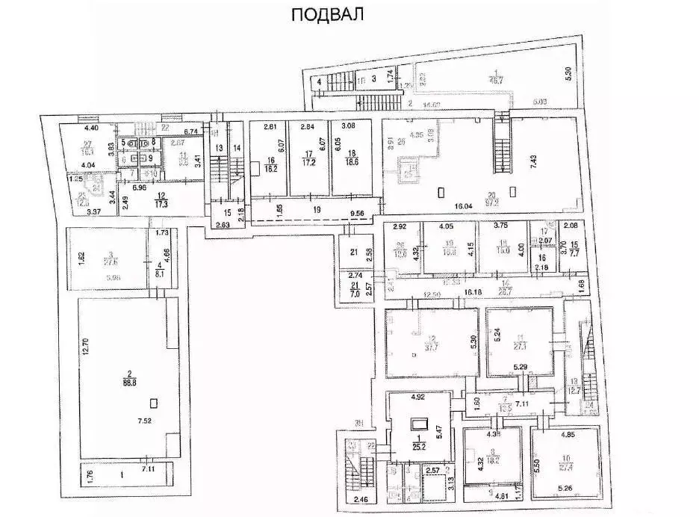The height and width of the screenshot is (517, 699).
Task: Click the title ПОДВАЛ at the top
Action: (x=326, y=16)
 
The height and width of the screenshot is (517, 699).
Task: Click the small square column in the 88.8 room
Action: (x=154, y=403)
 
